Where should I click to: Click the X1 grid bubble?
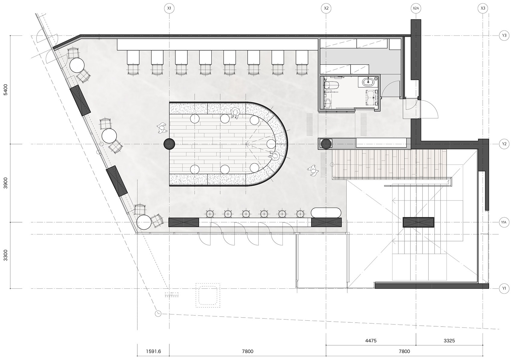169,8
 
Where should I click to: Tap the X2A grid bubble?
416,8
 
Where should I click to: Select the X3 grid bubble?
482,8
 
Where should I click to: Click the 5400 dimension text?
6,89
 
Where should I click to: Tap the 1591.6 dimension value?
153,351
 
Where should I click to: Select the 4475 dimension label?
371,340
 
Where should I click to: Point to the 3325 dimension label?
449,340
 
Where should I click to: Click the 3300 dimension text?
6,255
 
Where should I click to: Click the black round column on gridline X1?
169,144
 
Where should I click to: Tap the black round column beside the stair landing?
326,144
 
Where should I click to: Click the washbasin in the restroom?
368,82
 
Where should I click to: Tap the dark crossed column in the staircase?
418,222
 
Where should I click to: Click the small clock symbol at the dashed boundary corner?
158,313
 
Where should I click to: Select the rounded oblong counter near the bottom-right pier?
326,213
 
